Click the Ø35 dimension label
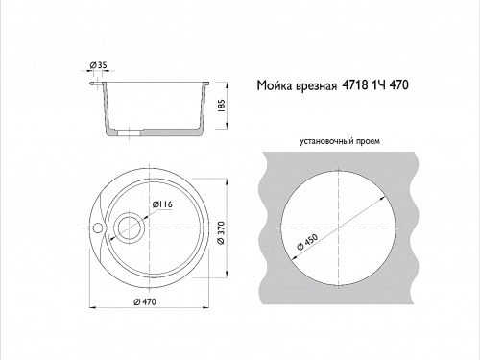(98, 65)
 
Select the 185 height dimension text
(221, 106)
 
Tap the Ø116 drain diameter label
(162, 204)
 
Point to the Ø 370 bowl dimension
(221, 232)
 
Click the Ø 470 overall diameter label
(145, 301)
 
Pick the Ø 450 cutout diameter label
(307, 242)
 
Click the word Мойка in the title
(275, 85)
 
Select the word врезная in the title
(317, 86)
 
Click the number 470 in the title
(398, 85)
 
